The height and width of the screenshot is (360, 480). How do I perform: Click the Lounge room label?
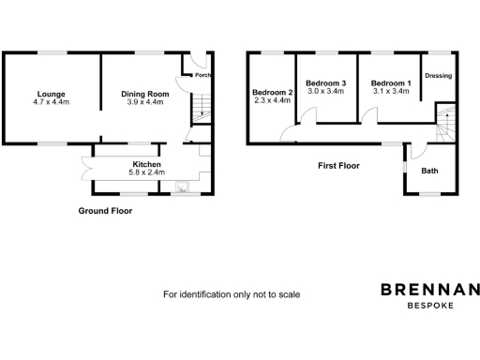(x=51, y=94)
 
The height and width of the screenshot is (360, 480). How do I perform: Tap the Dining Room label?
(x=144, y=94)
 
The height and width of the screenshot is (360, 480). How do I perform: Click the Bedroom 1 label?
(x=390, y=83)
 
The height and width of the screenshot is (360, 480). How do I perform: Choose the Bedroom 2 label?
(x=273, y=92)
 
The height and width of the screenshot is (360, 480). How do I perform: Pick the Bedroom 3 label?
(x=326, y=83)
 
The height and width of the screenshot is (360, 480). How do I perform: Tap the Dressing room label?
(x=439, y=76)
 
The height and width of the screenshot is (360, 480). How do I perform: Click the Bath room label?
(x=429, y=171)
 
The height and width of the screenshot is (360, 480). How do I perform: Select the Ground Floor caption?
(x=105, y=211)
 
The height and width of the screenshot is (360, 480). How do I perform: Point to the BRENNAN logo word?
(x=429, y=290)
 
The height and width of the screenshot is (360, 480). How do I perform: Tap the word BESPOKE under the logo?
(x=430, y=306)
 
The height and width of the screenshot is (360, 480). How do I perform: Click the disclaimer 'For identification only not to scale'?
(x=232, y=294)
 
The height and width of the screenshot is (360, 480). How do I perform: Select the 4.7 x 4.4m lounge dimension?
(x=51, y=102)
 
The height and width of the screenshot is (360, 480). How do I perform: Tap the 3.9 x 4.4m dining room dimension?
(x=144, y=102)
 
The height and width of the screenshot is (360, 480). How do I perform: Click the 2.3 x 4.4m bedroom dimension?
(x=273, y=100)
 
